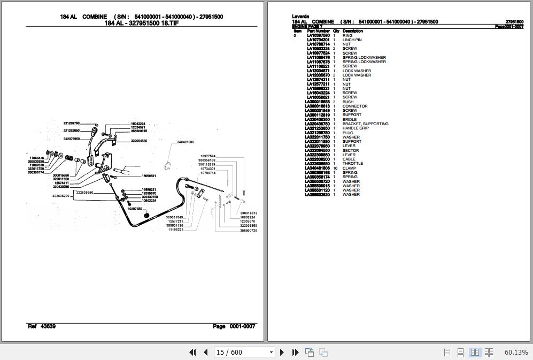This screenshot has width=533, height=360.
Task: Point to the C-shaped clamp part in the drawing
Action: [168, 165]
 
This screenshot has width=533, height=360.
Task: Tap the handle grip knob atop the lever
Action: [94, 131]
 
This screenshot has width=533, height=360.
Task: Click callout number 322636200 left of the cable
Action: [61, 196]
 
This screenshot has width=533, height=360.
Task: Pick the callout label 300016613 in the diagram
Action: [248, 213]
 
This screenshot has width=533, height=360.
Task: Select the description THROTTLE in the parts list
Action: [352, 164]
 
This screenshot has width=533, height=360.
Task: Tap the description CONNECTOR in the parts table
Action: [354, 106]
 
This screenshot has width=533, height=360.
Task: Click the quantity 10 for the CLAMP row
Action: [335, 168]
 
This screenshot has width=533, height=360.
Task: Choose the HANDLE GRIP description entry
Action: [356, 128]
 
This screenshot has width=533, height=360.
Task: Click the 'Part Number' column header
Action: [318, 31]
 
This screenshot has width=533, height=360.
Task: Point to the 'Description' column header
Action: [352, 31]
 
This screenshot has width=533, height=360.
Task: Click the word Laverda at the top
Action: [301, 17]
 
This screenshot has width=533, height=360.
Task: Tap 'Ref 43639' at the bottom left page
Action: [41, 326]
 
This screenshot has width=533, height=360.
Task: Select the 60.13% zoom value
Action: [516, 352]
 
